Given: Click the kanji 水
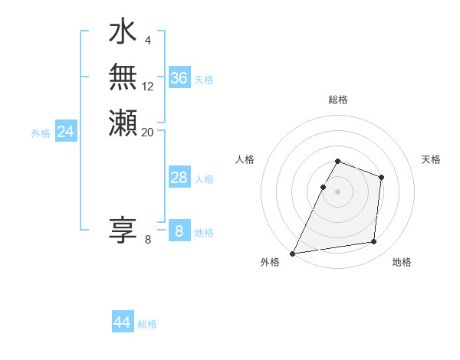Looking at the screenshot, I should click(123, 33).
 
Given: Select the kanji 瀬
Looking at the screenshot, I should click(123, 122).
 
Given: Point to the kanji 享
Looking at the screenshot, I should click(123, 230).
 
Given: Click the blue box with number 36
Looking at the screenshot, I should click(179, 78).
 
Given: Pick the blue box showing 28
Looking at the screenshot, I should click(179, 178).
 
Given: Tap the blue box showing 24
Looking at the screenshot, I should click(66, 132).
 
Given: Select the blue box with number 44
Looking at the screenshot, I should click(123, 322).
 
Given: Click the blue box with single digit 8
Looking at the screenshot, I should click(179, 231).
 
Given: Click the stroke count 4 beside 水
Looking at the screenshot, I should click(147, 40).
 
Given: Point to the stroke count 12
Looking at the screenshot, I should click(148, 87).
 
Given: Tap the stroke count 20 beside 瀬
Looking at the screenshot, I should click(148, 132).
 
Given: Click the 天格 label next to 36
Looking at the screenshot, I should click(204, 80).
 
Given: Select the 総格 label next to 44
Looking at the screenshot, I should click(148, 324).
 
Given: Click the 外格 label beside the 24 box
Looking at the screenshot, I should click(41, 133).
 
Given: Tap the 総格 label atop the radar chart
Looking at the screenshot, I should click(338, 100).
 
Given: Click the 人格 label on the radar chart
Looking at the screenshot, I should click(245, 159).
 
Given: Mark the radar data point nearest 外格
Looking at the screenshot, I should click(293, 254).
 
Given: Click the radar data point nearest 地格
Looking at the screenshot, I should click(374, 242).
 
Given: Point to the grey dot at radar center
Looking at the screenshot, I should click(338, 191).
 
